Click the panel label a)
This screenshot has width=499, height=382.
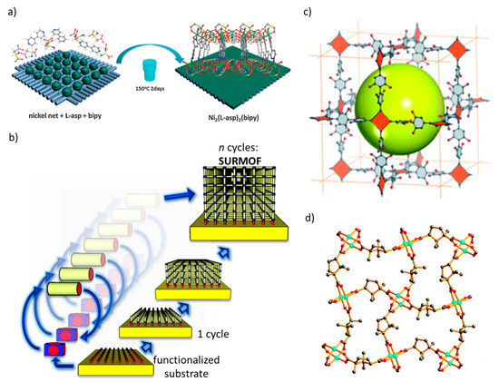10,11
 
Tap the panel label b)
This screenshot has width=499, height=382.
10,139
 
